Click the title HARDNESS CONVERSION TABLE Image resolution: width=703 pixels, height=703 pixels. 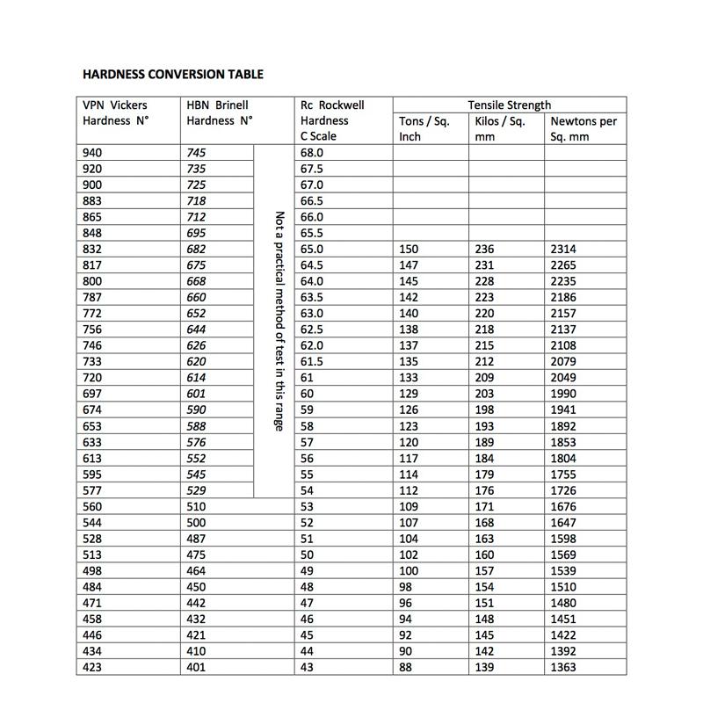point(172,74)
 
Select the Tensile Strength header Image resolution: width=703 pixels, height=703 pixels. point(510,105)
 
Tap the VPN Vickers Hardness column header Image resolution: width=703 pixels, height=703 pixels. point(115,112)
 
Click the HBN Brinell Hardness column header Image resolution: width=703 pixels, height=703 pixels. point(220,112)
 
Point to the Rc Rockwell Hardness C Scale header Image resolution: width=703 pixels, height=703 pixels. point(332,120)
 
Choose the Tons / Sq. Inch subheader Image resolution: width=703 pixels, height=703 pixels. point(424,128)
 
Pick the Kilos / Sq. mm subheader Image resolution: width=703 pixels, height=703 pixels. point(499,128)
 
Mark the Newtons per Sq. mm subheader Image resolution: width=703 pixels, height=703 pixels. point(583,128)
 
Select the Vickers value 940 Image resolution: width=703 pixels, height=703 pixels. point(92,153)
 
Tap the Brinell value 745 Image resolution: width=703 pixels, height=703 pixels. point(197,153)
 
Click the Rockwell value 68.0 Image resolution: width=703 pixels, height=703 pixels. point(312,153)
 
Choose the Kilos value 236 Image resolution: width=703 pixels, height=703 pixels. point(484,250)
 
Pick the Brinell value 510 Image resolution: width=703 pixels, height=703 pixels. point(197,507)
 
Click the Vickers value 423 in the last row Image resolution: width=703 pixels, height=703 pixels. point(92,668)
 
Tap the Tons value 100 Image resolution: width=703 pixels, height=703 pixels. point(409,571)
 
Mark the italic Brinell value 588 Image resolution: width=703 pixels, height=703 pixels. point(197,426)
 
